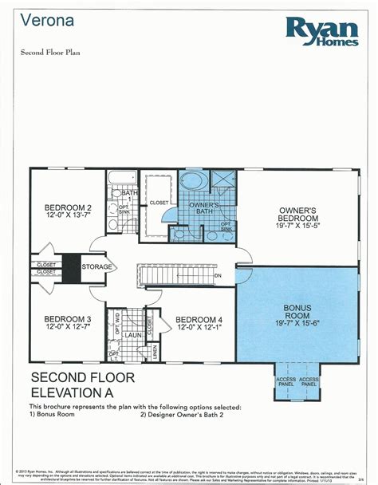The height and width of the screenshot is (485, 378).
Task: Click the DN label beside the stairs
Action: point(217,275)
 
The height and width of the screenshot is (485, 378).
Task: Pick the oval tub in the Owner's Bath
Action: point(191,180)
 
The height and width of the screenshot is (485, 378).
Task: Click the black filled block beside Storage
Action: point(73,267)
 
